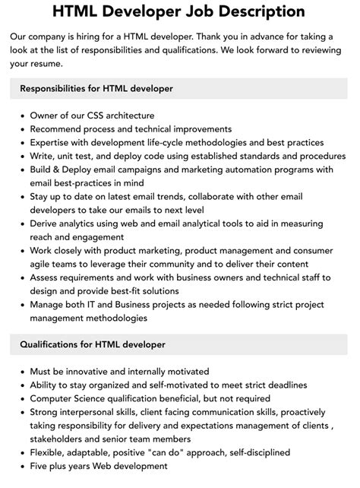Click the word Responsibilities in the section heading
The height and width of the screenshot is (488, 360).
click(x=58, y=89)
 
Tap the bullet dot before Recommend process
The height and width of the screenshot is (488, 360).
click(x=22, y=129)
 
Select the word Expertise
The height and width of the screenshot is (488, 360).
click(x=52, y=143)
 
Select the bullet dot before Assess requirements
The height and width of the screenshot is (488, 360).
click(x=22, y=278)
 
